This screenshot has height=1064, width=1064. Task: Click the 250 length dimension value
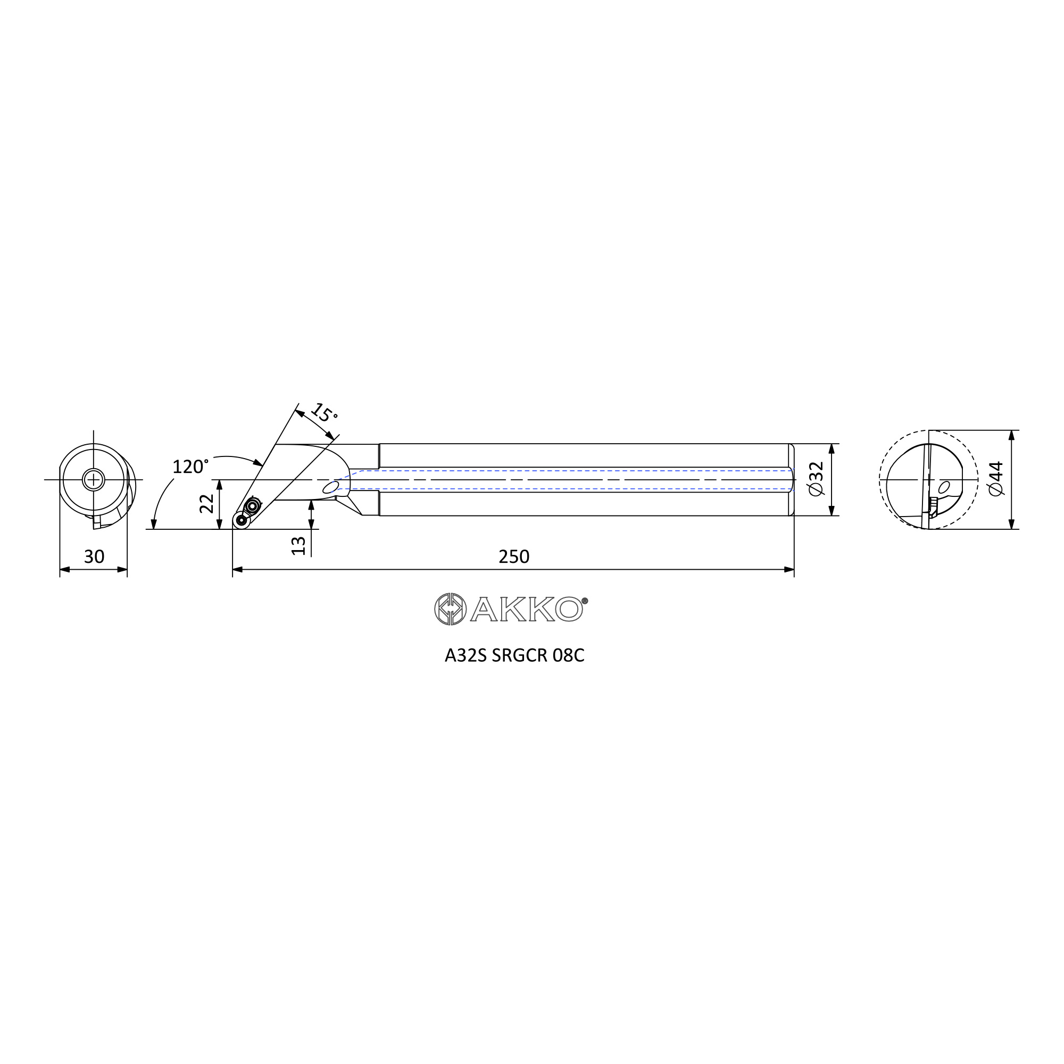[x=514, y=557]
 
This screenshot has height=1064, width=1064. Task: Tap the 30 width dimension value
[x=94, y=557]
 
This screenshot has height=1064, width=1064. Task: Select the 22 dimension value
[x=206, y=503]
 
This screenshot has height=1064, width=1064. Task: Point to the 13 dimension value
[x=298, y=545]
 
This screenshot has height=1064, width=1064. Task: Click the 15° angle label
[x=325, y=412]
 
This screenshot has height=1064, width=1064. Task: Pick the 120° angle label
[x=190, y=467]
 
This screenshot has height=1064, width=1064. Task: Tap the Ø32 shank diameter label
[x=817, y=479]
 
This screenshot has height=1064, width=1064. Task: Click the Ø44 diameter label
[x=996, y=479]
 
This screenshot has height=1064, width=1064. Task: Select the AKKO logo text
[x=527, y=609]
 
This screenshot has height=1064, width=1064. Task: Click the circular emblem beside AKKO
[x=451, y=609]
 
